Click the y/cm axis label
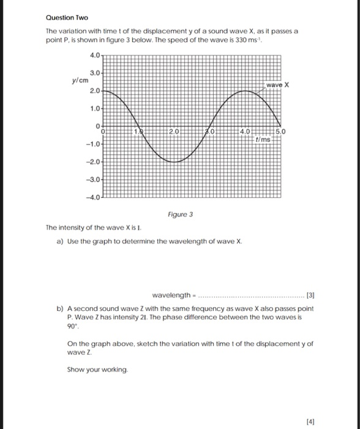coord(80,80)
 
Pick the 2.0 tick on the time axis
coord(174,131)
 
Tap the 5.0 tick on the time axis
coord(280,131)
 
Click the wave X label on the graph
coord(277,85)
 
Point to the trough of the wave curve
coord(174,162)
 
